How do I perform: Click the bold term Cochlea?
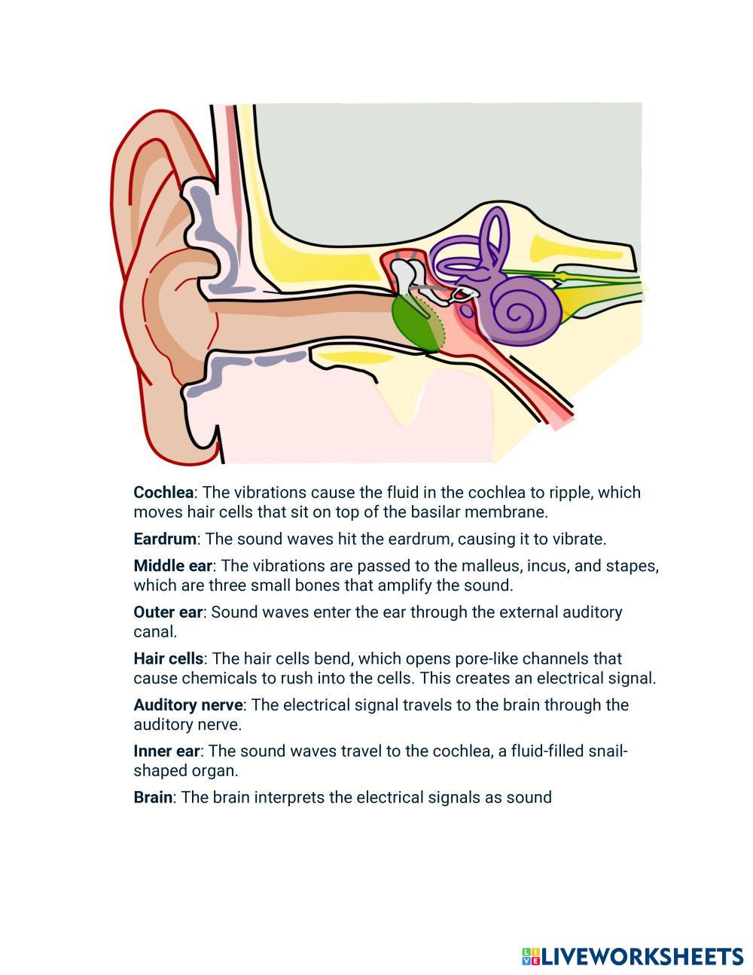(163, 493)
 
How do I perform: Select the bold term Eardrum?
(165, 539)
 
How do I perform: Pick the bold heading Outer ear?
(168, 613)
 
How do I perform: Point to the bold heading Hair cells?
(168, 659)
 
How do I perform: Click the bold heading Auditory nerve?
(188, 705)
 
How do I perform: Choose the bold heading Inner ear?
(166, 751)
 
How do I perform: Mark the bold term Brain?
(153, 797)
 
